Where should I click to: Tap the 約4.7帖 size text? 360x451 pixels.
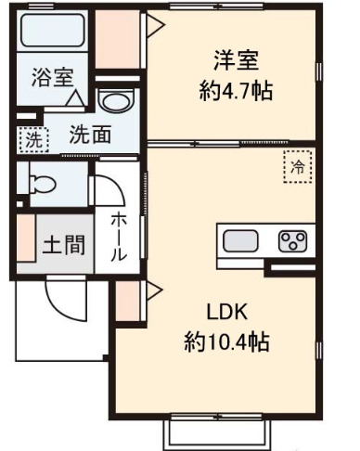coord(233,91)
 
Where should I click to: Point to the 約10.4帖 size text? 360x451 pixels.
coord(226,341)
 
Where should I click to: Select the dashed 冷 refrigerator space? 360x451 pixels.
coord(298,168)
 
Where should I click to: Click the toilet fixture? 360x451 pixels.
coord(43,183)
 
